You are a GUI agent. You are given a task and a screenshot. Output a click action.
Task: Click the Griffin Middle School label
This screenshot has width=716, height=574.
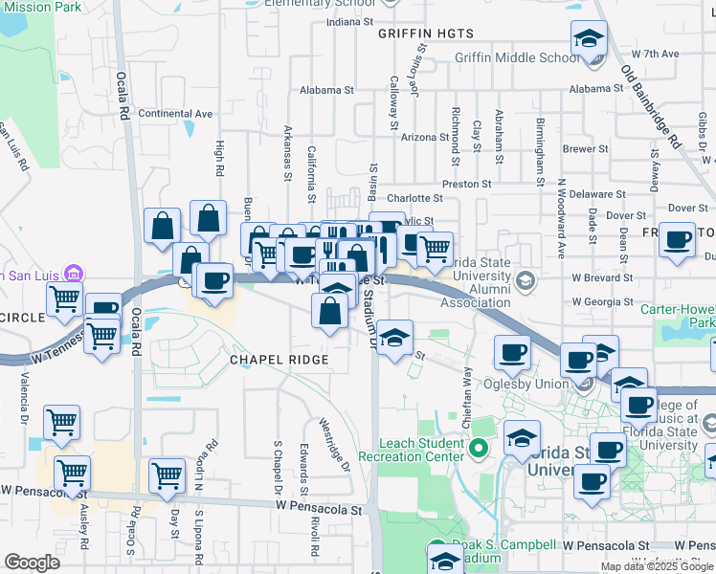coord(517,57)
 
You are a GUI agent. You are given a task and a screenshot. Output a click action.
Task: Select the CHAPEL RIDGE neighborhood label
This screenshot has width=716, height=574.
coord(280,360)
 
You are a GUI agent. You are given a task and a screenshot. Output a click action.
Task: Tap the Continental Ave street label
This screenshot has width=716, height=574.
coord(175,113)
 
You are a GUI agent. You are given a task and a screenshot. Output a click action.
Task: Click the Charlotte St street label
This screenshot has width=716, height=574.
coord(414,199)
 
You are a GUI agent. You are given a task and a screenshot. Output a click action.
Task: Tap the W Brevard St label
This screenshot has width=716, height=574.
coord(605,276)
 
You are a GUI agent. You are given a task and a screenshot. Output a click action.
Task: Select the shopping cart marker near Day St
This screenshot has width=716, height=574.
coord(168,475)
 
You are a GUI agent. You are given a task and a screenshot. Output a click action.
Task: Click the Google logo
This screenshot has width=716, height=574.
coord(33,563)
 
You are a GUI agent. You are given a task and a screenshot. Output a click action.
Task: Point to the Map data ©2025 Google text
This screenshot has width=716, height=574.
coord(657,566)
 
